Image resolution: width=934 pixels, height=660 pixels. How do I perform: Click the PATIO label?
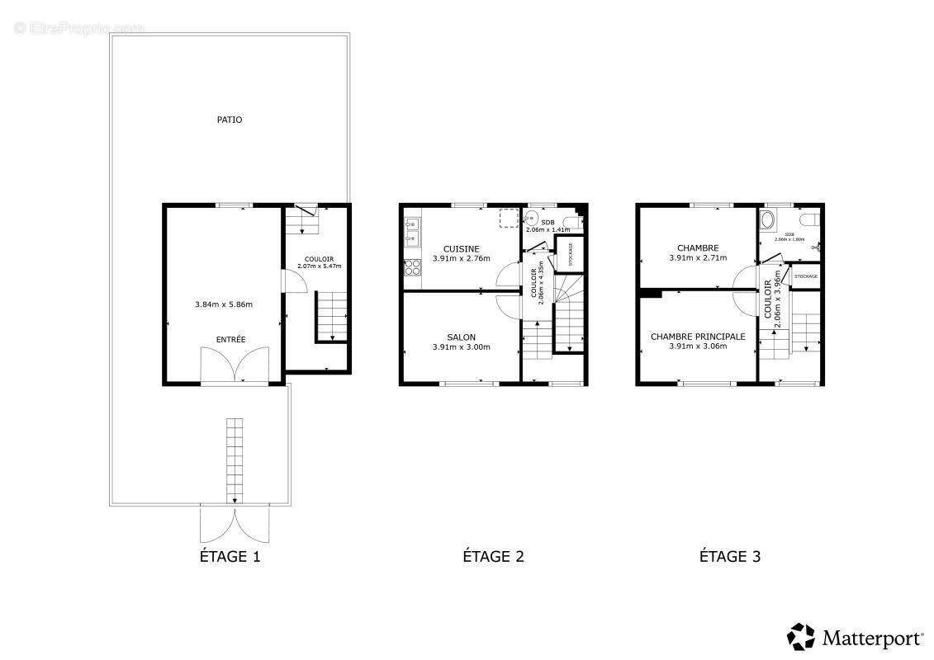(x=230, y=120)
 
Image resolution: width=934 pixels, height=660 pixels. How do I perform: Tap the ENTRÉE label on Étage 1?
(x=231, y=340)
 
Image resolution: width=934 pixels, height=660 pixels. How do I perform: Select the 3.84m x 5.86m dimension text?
(x=224, y=304)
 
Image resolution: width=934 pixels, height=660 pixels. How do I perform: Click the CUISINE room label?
(x=461, y=249)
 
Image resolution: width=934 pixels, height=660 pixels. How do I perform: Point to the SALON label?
(x=461, y=337)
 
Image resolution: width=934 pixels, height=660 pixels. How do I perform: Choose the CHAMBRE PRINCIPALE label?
(x=698, y=337)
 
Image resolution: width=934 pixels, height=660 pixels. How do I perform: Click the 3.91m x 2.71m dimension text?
(x=698, y=257)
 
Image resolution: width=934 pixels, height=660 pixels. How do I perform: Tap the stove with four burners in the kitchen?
(x=411, y=268)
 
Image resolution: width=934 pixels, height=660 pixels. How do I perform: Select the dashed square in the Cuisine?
(x=510, y=217)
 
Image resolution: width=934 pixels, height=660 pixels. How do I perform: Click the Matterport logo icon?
(x=800, y=637)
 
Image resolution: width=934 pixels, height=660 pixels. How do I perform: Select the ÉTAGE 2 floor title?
(x=493, y=556)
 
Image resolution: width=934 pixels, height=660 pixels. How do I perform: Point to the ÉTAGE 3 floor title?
(x=730, y=556)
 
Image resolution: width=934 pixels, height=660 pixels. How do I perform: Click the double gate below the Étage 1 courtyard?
(x=235, y=525)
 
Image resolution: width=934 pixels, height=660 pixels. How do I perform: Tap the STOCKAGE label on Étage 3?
(x=805, y=276)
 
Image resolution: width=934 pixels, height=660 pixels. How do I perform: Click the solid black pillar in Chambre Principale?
(x=651, y=293)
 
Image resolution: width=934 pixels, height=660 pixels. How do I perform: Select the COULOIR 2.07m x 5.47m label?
(x=319, y=262)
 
